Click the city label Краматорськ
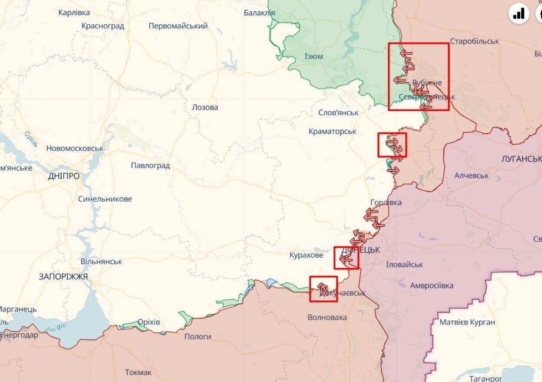[332, 131]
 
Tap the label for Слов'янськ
[339, 113]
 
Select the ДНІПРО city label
[64, 176]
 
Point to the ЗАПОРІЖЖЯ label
[63, 276]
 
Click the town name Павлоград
[150, 166]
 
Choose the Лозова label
[205, 107]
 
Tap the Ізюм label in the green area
[314, 56]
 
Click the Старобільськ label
[475, 41]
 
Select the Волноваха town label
[327, 317]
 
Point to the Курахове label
[306, 255]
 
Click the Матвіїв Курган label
[467, 322]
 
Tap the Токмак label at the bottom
[138, 372]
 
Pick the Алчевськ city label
[472, 176]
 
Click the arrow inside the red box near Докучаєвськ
[323, 287]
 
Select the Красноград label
[103, 26]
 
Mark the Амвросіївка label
[432, 286]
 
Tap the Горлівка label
[386, 203]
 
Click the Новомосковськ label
[75, 148]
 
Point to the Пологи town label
[198, 336]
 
